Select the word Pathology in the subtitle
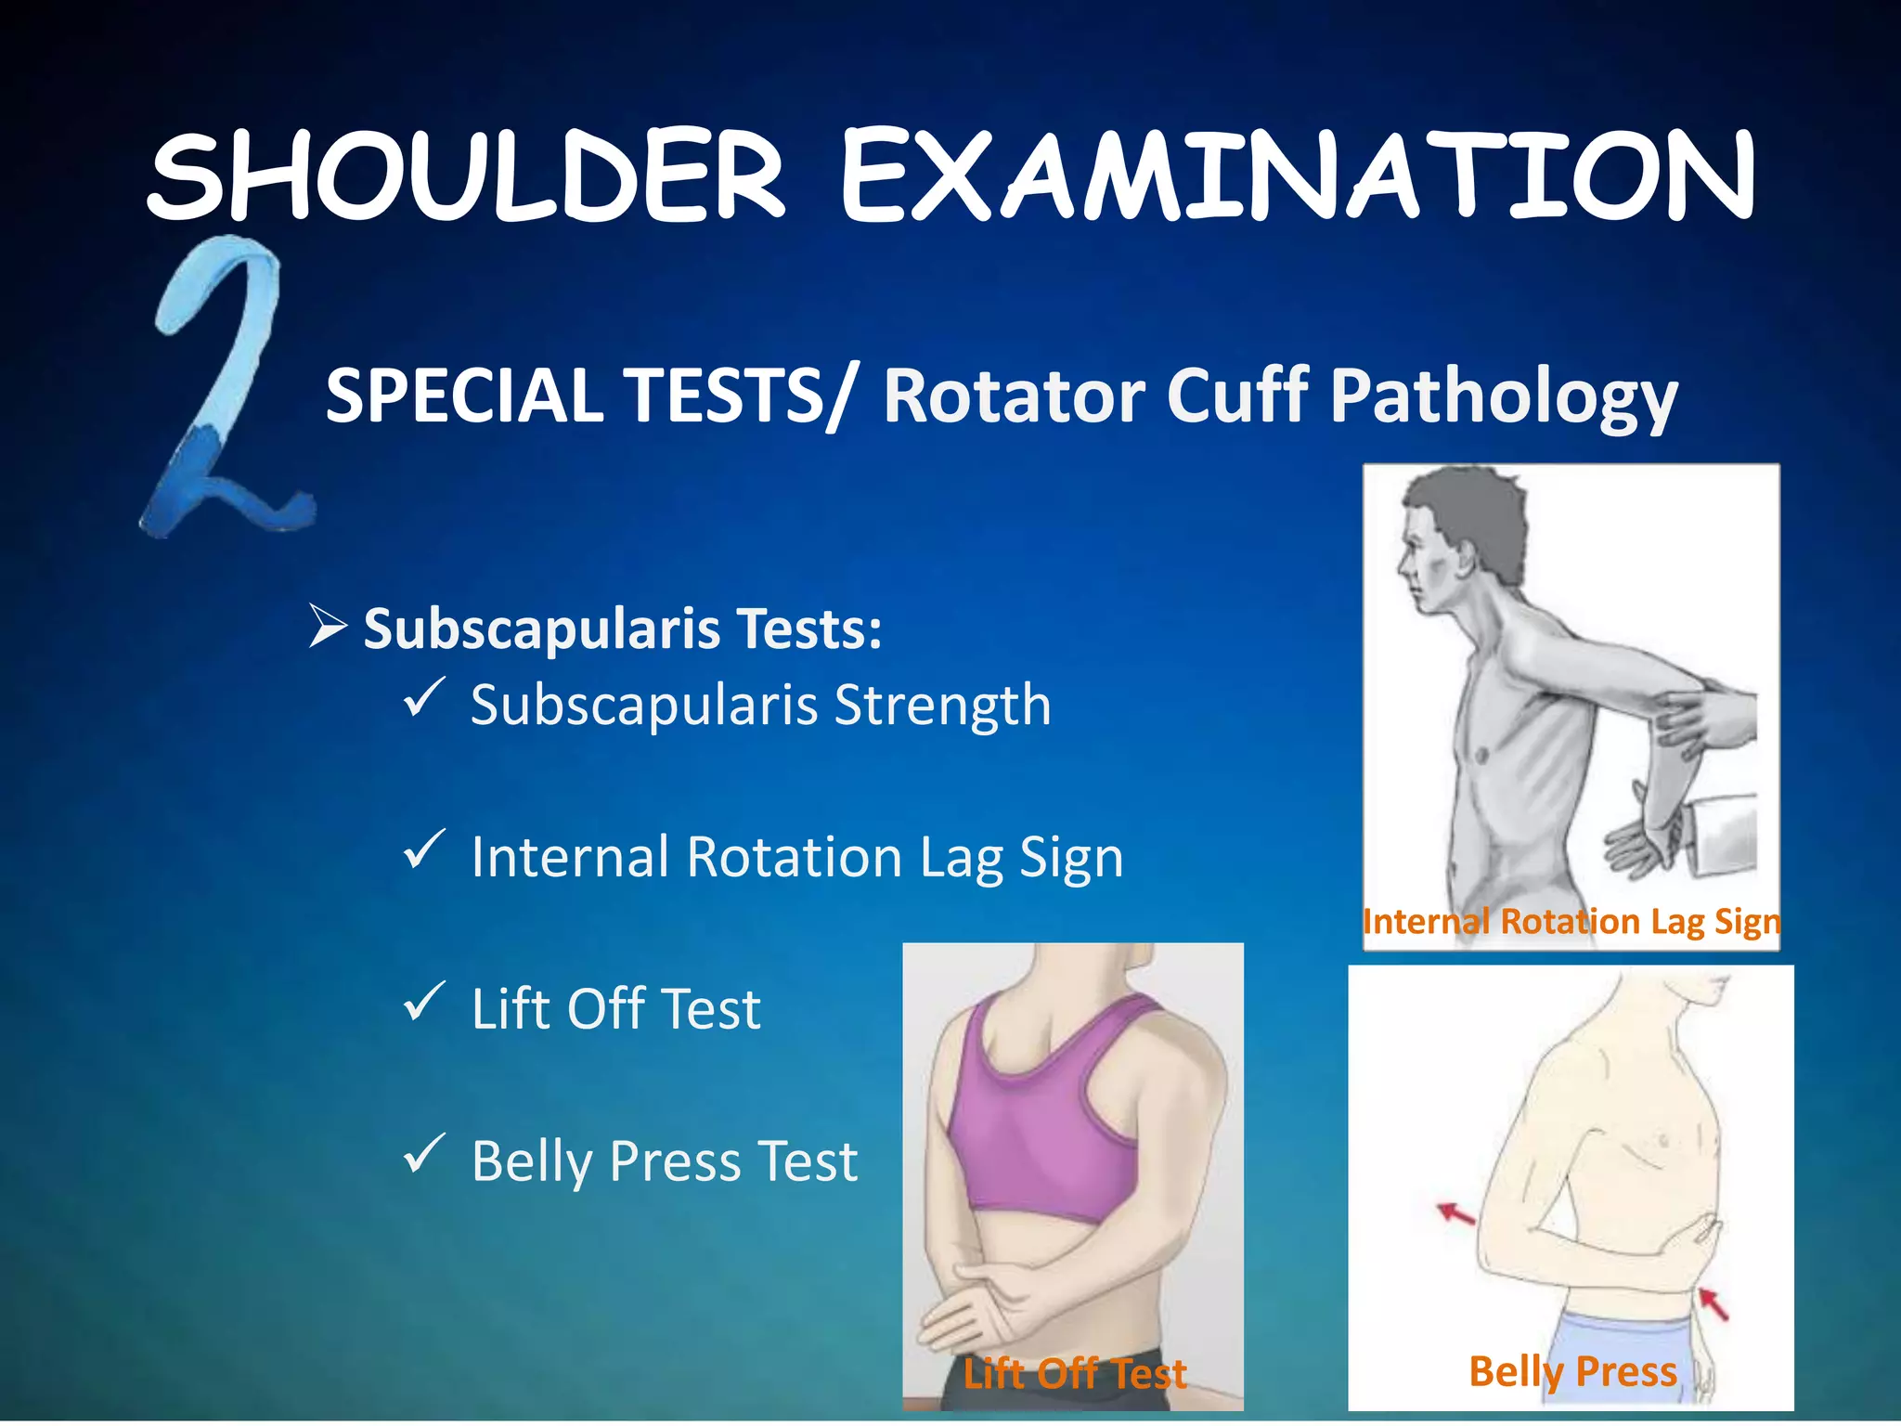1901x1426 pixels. tap(1503, 397)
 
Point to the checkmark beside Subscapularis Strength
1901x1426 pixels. tap(424, 698)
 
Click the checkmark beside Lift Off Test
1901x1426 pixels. tap(424, 1002)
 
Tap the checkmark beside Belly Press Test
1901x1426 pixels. tap(424, 1154)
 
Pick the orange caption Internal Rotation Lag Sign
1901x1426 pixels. tap(1571, 922)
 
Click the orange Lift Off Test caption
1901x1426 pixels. tap(1074, 1374)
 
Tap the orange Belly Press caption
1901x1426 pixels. tap(1572, 1371)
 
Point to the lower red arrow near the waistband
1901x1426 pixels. tap(1713, 1303)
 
